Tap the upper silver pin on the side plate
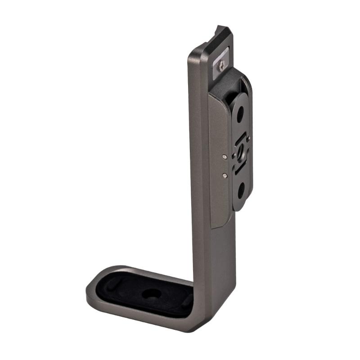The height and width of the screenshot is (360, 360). tap(225, 157)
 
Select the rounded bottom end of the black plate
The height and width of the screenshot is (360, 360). tap(240, 207)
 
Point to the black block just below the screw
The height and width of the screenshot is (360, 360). tap(229, 83)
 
